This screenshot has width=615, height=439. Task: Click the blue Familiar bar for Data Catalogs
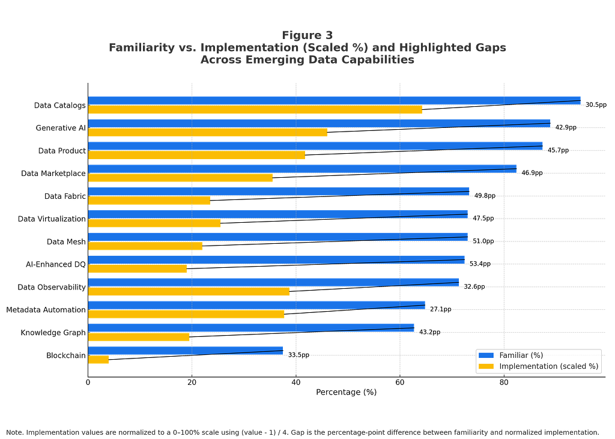click(334, 100)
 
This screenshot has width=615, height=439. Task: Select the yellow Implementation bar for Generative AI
click(207, 132)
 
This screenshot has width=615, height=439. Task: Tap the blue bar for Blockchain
click(186, 350)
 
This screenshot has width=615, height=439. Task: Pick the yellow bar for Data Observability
click(189, 291)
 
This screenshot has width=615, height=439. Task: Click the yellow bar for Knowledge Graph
click(139, 337)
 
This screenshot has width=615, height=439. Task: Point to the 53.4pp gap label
click(480, 264)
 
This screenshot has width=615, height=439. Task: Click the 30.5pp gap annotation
click(596, 104)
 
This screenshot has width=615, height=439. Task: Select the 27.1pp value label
click(440, 309)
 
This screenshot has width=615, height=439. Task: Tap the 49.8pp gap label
click(485, 195)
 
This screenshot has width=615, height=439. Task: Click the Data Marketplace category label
click(53, 174)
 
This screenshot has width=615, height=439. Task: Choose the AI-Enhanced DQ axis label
click(56, 264)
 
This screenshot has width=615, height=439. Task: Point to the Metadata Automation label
click(46, 310)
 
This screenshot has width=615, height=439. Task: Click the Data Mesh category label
click(66, 241)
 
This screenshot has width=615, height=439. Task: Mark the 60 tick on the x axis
click(399, 383)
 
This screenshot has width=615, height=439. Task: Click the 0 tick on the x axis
click(88, 383)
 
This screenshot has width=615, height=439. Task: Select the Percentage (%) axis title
click(347, 392)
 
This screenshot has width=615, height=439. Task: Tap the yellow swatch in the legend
click(486, 366)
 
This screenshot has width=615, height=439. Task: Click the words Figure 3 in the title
click(307, 35)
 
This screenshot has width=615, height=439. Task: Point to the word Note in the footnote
click(14, 432)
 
